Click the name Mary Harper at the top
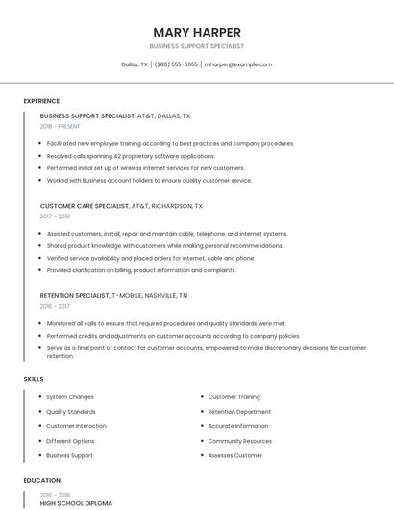(197, 32)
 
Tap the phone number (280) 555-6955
(176, 64)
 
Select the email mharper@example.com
(238, 64)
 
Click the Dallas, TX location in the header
(135, 64)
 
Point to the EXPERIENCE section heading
(41, 101)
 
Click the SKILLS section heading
(34, 379)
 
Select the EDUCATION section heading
(42, 480)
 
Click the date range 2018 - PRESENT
(61, 126)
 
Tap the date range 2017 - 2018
(56, 217)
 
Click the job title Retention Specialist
(74, 296)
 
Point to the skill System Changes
(70, 397)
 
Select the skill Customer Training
(234, 397)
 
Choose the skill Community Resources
(239, 441)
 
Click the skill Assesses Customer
(234, 455)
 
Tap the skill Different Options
(70, 441)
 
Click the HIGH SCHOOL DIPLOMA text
(76, 503)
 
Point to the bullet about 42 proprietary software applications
(131, 156)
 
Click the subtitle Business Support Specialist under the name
(197, 46)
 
